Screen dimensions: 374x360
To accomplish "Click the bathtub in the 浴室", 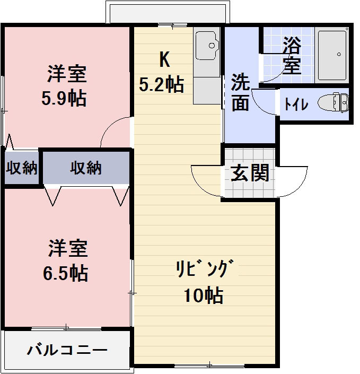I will [x=332, y=54].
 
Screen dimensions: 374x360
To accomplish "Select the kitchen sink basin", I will [x=207, y=46].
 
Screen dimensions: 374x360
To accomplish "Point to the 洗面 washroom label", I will [x=240, y=92].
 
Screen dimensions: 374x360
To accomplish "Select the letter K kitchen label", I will [x=164, y=60].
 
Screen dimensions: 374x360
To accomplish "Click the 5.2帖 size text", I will [x=162, y=84].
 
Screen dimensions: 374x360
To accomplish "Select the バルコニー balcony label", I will [x=67, y=350].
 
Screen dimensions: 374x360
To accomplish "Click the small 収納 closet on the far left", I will [x=22, y=168].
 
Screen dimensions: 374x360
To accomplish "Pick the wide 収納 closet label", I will [x=86, y=168].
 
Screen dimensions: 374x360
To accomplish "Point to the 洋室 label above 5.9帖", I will [x=66, y=74].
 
